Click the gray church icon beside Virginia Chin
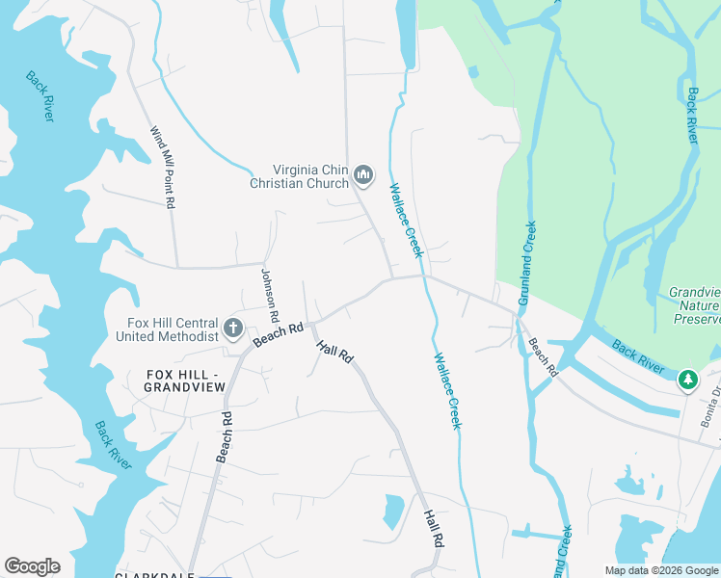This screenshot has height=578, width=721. pyautogui.click(x=363, y=174)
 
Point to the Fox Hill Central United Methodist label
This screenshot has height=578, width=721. pyautogui.click(x=167, y=329)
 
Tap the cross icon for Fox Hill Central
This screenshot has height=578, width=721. pyautogui.click(x=232, y=329)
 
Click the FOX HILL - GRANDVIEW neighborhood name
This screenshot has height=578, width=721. pyautogui.click(x=184, y=381)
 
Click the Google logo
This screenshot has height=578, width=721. pyautogui.click(x=32, y=566)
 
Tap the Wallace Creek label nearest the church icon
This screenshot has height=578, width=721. pyautogui.click(x=406, y=220)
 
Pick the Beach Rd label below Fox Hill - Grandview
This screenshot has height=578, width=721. pyautogui.click(x=224, y=437)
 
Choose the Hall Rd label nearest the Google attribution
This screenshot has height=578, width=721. pyautogui.click(x=433, y=529)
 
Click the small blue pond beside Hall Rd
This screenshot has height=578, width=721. pyautogui.click(x=394, y=511)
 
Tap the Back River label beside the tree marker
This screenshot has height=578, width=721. pyautogui.click(x=637, y=353)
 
